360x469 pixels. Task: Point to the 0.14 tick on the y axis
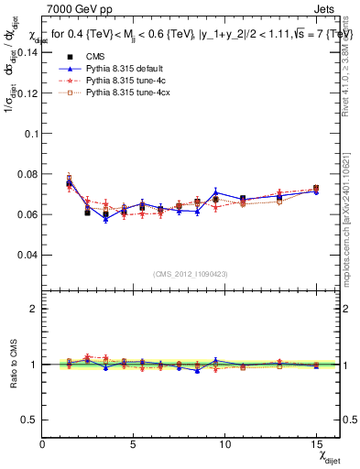click(x=27, y=52)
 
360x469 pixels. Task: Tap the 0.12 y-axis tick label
click(x=27, y=93)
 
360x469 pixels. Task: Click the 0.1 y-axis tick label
click(x=30, y=133)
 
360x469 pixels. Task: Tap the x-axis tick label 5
click(x=134, y=444)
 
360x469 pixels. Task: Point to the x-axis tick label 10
click(x=224, y=444)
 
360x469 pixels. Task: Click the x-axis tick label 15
click(x=316, y=444)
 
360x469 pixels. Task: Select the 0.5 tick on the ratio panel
click(x=30, y=420)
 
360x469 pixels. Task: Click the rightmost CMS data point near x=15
click(x=316, y=189)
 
